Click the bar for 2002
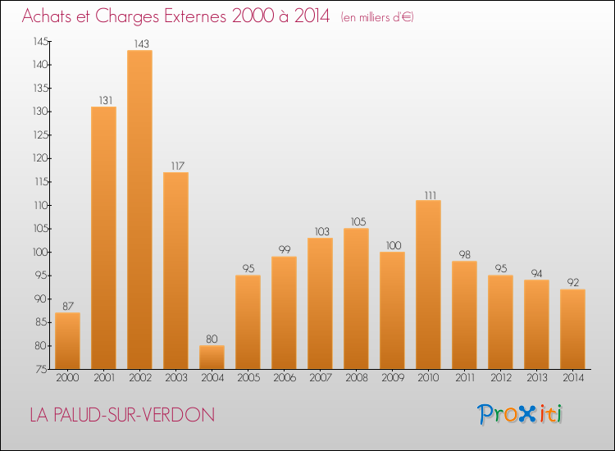(139, 209)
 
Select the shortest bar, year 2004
(212, 357)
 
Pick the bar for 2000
(67, 340)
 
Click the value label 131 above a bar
(103, 101)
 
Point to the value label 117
(175, 166)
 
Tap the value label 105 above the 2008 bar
(356, 222)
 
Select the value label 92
(572, 283)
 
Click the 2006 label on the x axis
(284, 378)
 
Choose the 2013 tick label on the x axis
(536, 378)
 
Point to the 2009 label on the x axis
(392, 378)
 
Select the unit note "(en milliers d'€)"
(377, 17)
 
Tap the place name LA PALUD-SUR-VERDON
(122, 415)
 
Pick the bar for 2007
(320, 303)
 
